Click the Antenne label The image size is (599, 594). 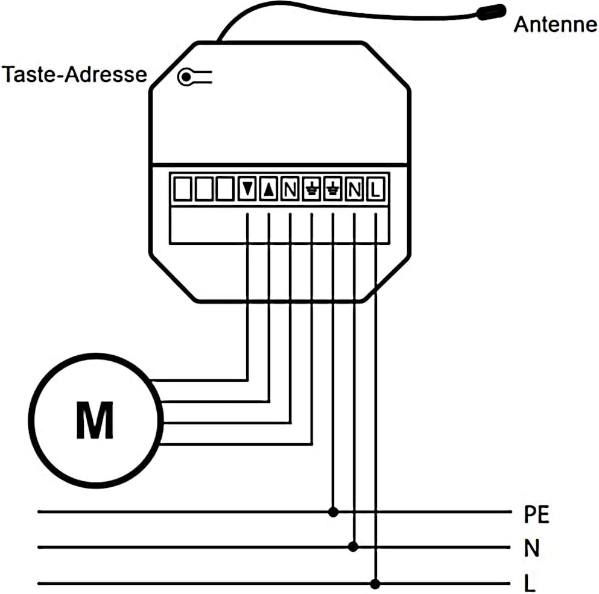point(556,25)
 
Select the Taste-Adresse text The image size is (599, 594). point(74,74)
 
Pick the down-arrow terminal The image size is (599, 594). point(247,189)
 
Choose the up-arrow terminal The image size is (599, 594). point(269,189)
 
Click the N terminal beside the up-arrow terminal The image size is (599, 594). point(290,189)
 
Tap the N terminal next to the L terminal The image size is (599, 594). point(355,189)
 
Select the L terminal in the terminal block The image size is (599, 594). point(376,189)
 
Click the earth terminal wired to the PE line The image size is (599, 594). point(333,189)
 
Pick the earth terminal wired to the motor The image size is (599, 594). point(312,189)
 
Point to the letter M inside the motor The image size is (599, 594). point(95,420)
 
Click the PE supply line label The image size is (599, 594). point(536,514)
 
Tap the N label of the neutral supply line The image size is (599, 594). point(531,548)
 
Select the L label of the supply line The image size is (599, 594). point(530,583)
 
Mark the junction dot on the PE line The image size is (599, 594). point(333,512)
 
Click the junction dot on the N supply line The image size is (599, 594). point(353,546)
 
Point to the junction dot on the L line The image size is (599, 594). point(375,584)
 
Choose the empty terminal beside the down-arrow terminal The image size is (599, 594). point(225,189)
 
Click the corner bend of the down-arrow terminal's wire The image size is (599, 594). point(247,381)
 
